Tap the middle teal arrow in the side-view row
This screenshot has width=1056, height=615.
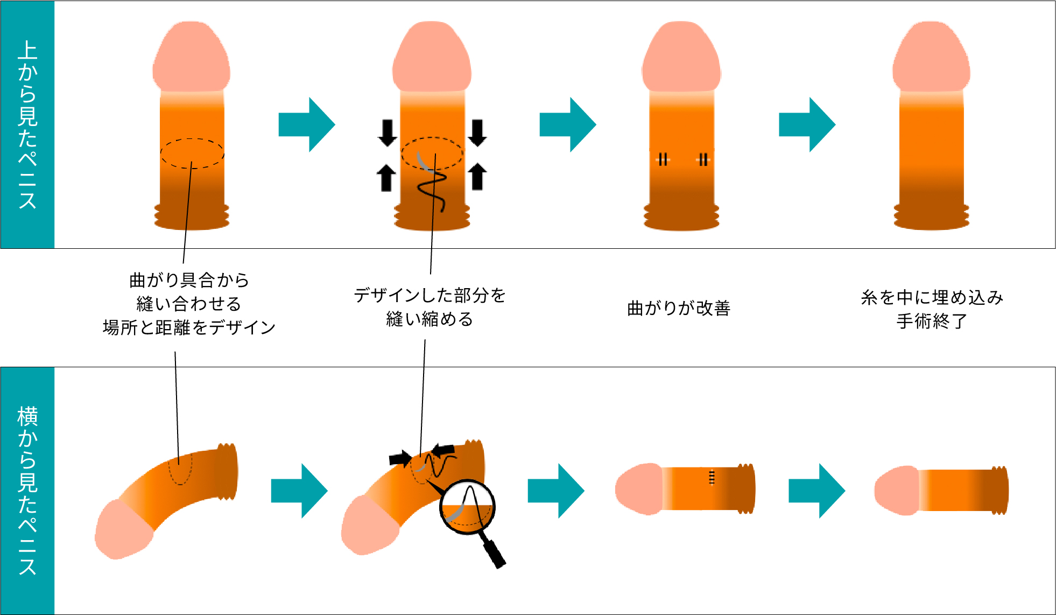point(556,491)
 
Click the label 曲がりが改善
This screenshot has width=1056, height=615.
point(679,308)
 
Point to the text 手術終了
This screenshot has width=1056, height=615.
point(932,321)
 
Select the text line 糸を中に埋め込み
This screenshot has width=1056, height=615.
point(932,297)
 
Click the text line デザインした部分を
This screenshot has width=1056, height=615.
point(430,295)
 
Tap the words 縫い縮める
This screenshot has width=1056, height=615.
point(430,319)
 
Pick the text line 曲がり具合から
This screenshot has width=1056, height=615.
point(189,280)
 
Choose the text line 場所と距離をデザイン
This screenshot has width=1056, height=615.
point(189,327)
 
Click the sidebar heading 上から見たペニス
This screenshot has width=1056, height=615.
point(27,124)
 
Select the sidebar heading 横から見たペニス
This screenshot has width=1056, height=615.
point(27,491)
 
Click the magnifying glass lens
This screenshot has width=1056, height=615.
point(467,507)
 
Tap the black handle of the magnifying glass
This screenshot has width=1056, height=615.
point(494,553)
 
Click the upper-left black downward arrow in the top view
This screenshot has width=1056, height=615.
point(388,133)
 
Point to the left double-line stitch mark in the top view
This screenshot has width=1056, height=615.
point(663,159)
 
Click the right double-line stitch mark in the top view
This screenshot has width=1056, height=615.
point(703,159)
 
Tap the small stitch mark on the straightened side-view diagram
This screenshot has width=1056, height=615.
point(712,477)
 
